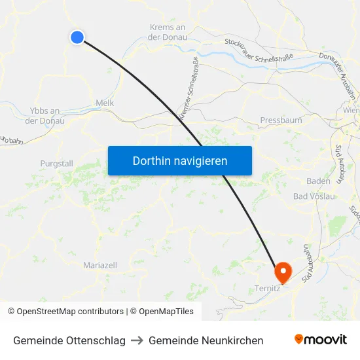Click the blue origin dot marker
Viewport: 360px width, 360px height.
point(77,37)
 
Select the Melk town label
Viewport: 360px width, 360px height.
point(105,103)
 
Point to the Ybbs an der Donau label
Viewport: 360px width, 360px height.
point(45,115)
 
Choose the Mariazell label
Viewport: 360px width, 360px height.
point(100,265)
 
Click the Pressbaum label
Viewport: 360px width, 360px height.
point(281,120)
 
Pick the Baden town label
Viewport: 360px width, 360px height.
point(318,181)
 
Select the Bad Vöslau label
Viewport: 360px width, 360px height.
point(314,196)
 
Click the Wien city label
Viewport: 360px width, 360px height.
point(351,111)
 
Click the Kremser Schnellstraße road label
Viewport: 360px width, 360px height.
point(189,88)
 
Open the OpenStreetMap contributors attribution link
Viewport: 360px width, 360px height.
point(66,312)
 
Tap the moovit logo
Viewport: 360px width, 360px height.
point(321,340)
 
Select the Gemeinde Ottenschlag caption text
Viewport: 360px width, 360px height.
point(69,340)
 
